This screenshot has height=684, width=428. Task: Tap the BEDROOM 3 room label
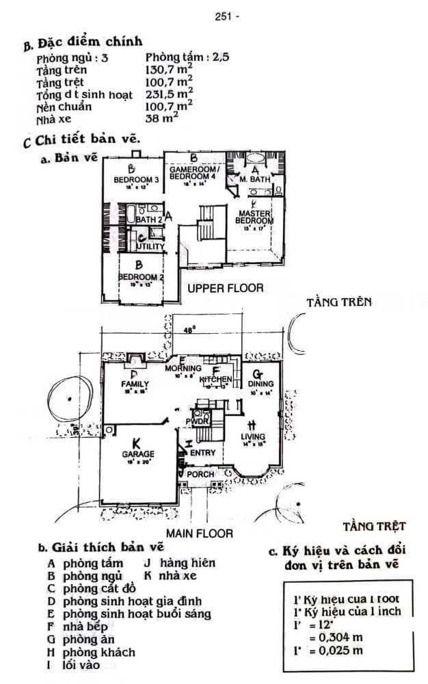[137, 179]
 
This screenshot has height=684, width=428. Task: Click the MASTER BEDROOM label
[254, 217]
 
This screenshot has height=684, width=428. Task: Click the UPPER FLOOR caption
[225, 288]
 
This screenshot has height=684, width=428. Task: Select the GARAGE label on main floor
[138, 453]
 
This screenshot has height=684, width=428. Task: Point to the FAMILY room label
[135, 384]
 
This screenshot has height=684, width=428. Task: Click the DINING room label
[260, 384]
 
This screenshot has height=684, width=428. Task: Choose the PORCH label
[201, 474]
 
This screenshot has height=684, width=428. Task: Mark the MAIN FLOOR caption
[199, 532]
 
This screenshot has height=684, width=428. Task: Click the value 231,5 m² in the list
[169, 95]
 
